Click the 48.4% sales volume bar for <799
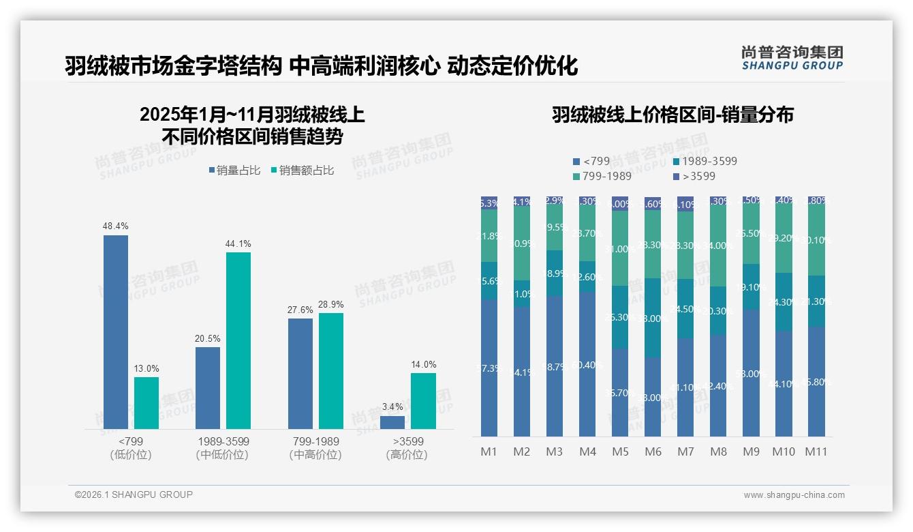click(x=116, y=332)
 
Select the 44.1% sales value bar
click(x=238, y=340)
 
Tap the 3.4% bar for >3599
click(x=392, y=422)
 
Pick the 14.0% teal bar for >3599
click(x=423, y=401)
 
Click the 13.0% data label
click(x=146, y=369)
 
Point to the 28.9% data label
click(x=331, y=305)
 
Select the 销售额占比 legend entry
click(x=302, y=171)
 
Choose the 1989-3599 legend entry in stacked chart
click(x=705, y=162)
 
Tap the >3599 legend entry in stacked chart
click(x=696, y=177)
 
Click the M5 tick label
click(x=620, y=452)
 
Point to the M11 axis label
click(x=816, y=452)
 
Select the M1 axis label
click(x=489, y=452)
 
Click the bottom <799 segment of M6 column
click(x=653, y=397)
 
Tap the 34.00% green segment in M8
click(x=718, y=246)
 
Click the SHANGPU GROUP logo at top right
click(x=792, y=58)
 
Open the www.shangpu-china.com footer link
click(x=794, y=495)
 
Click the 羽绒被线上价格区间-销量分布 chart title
click(x=672, y=115)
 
